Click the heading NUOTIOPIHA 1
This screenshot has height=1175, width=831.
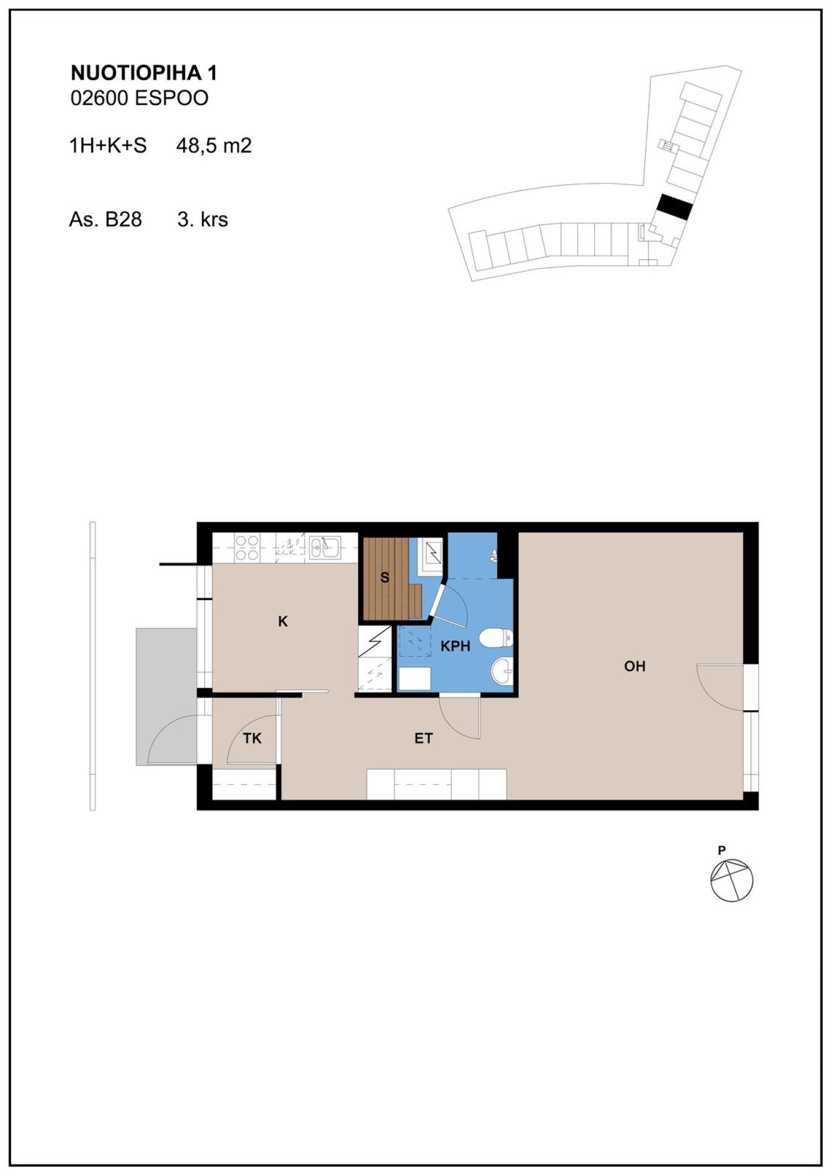[144, 73]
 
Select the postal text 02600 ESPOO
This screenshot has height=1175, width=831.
[139, 98]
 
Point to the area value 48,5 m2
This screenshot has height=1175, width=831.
[214, 145]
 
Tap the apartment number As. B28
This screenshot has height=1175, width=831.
[105, 219]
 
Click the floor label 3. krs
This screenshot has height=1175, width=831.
[203, 219]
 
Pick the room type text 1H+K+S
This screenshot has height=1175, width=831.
[108, 145]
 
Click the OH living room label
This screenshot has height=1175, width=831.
[634, 666]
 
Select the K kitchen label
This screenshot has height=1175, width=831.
[283, 621]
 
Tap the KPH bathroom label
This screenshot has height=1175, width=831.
[455, 646]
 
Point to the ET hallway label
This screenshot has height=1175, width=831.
[424, 738]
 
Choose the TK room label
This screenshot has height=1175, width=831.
[252, 738]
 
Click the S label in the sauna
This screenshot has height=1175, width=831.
[385, 577]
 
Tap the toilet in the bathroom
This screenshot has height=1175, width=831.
[497, 637]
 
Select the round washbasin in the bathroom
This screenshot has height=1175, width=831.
[502, 671]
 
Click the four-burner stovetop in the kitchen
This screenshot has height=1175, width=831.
[247, 548]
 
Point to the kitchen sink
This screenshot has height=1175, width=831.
[325, 547]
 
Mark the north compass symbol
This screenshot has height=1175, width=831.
[732, 880]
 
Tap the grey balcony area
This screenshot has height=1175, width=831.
[166, 697]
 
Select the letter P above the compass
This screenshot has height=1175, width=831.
[721, 850]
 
